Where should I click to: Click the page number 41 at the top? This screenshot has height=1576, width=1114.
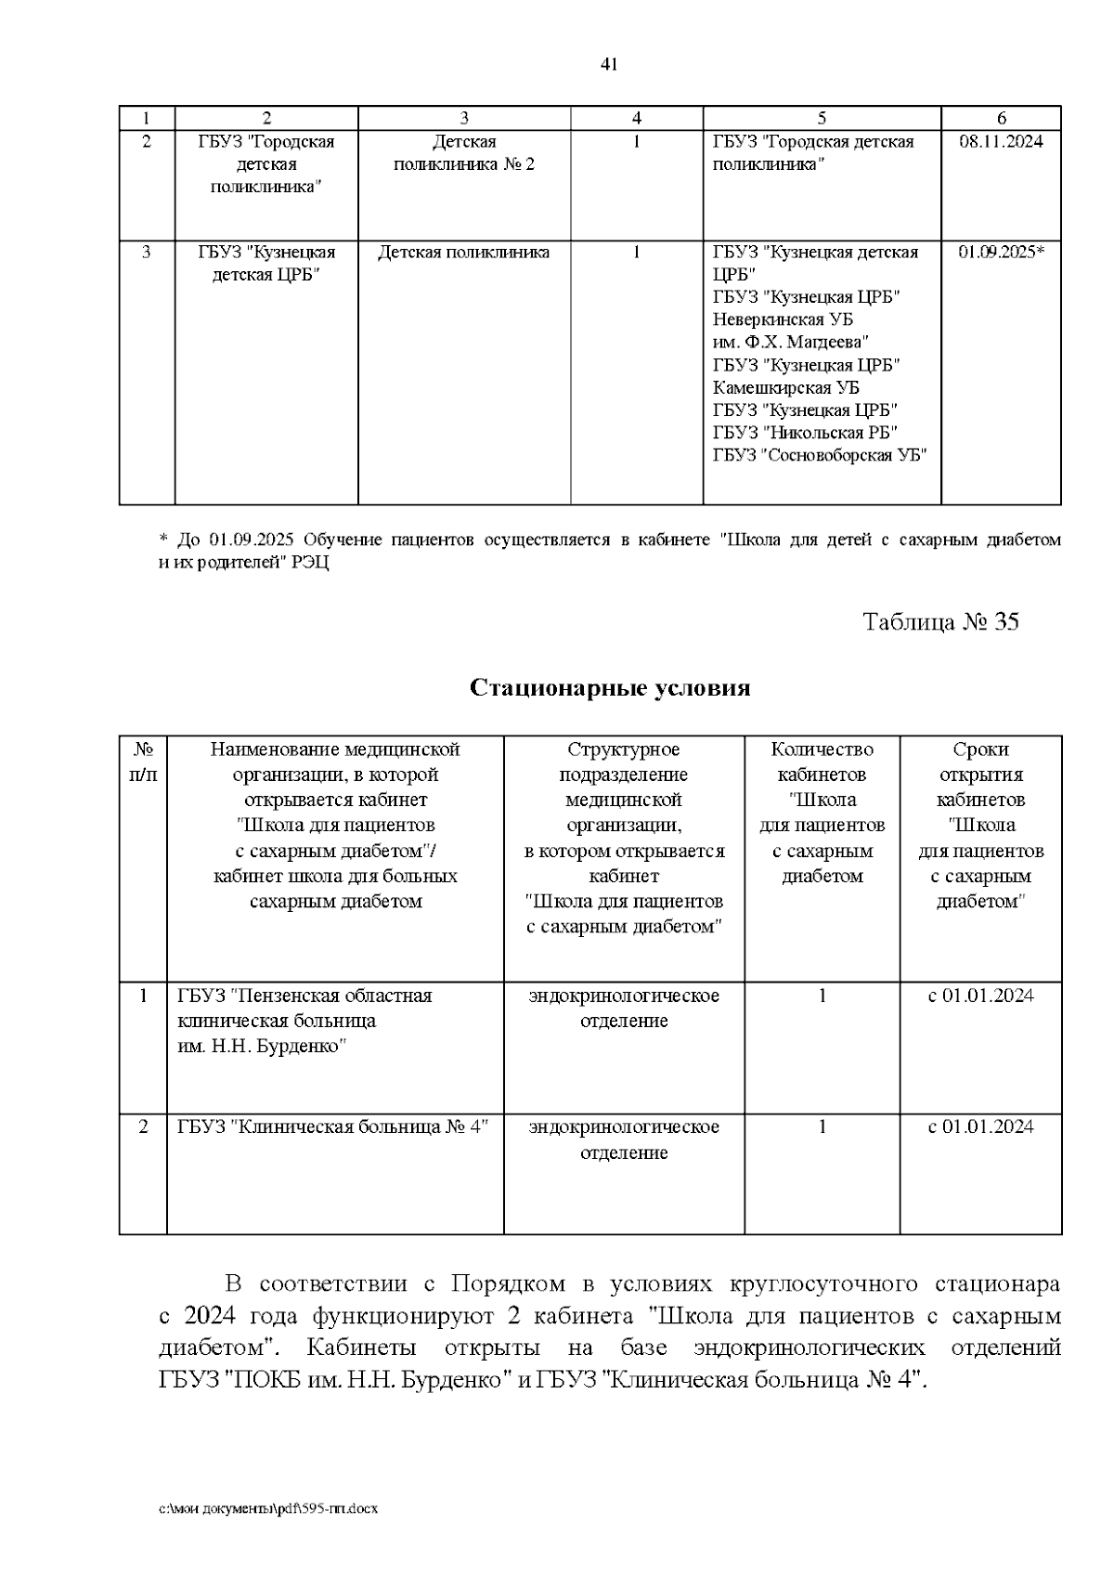609,64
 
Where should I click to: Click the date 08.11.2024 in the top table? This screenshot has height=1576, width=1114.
1000,142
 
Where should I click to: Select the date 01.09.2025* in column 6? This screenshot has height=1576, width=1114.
1001,253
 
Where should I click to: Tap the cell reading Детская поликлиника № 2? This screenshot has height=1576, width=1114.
464,153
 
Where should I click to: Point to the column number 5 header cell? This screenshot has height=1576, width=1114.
822,118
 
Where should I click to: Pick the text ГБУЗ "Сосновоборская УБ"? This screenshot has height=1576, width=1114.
820,456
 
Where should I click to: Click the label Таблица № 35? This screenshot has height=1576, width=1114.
940,622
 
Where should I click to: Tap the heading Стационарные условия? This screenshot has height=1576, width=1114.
610,688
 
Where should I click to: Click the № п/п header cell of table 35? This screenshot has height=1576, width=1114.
143,762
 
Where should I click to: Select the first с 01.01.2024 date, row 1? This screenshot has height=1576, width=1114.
980,996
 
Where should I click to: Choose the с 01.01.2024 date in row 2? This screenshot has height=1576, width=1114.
980,1127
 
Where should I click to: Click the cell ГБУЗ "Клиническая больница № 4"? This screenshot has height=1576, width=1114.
332,1127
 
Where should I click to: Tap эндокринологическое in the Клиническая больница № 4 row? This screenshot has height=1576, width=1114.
624,1127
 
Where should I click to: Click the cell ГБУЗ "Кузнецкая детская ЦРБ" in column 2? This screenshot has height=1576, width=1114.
266,264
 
